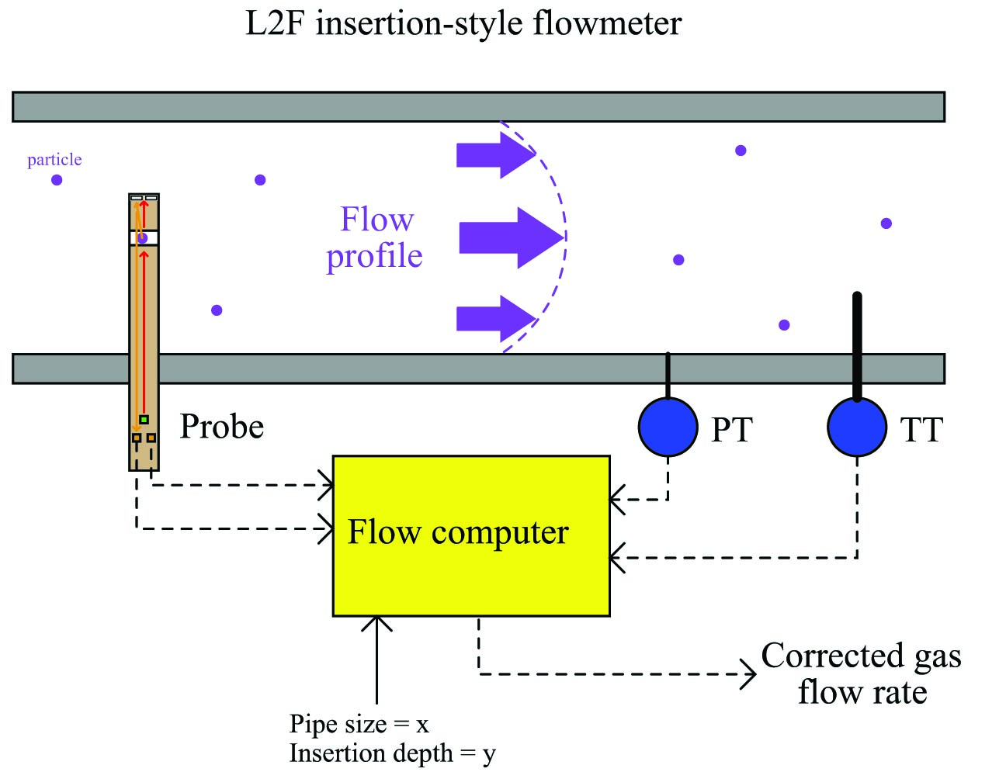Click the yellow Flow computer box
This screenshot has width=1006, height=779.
click(x=471, y=535)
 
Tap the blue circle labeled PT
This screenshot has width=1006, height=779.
click(x=668, y=427)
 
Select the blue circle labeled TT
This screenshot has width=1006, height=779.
click(x=857, y=427)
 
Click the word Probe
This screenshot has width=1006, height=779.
click(x=222, y=427)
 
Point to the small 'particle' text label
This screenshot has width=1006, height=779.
click(x=54, y=160)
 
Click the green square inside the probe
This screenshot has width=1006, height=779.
click(x=144, y=420)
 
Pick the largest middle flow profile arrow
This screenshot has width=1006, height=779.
click(x=511, y=237)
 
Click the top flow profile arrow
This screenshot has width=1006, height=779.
click(x=496, y=154)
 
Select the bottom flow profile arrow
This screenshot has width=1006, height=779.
click(x=496, y=319)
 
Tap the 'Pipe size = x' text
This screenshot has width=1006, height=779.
click(x=359, y=724)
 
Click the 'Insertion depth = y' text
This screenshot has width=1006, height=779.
click(x=392, y=753)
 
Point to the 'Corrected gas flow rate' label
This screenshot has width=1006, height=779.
click(x=862, y=674)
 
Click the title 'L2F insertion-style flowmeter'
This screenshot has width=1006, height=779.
click(x=463, y=23)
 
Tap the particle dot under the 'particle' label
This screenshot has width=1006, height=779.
click(x=57, y=180)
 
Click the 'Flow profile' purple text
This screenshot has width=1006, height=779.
click(x=374, y=237)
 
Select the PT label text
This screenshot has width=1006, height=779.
click(x=731, y=430)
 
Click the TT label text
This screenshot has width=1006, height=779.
click(x=921, y=430)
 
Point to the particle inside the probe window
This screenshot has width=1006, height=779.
click(x=143, y=238)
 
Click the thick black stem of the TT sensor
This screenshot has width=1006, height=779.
click(x=857, y=347)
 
